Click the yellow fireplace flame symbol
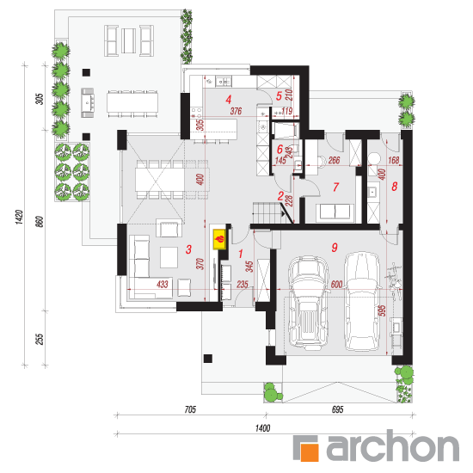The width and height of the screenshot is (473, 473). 219,240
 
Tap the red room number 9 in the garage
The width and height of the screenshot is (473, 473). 335,248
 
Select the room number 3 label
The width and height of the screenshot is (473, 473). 188,249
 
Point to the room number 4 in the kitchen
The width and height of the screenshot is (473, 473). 229,99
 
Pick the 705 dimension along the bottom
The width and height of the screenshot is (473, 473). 190,409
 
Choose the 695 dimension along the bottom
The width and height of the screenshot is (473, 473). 338,409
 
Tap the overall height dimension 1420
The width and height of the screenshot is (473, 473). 19,217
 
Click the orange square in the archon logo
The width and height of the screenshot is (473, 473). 309,451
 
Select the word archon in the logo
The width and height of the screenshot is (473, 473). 393,445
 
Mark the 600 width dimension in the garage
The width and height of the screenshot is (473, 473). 336,284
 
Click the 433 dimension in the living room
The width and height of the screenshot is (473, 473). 163,284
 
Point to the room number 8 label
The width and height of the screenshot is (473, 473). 394,187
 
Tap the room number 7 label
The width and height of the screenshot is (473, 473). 335,187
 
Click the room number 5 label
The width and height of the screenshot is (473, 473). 279,96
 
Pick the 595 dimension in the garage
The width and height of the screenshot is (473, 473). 382,311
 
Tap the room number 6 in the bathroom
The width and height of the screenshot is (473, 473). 279,149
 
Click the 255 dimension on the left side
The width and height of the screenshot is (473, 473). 40,339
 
